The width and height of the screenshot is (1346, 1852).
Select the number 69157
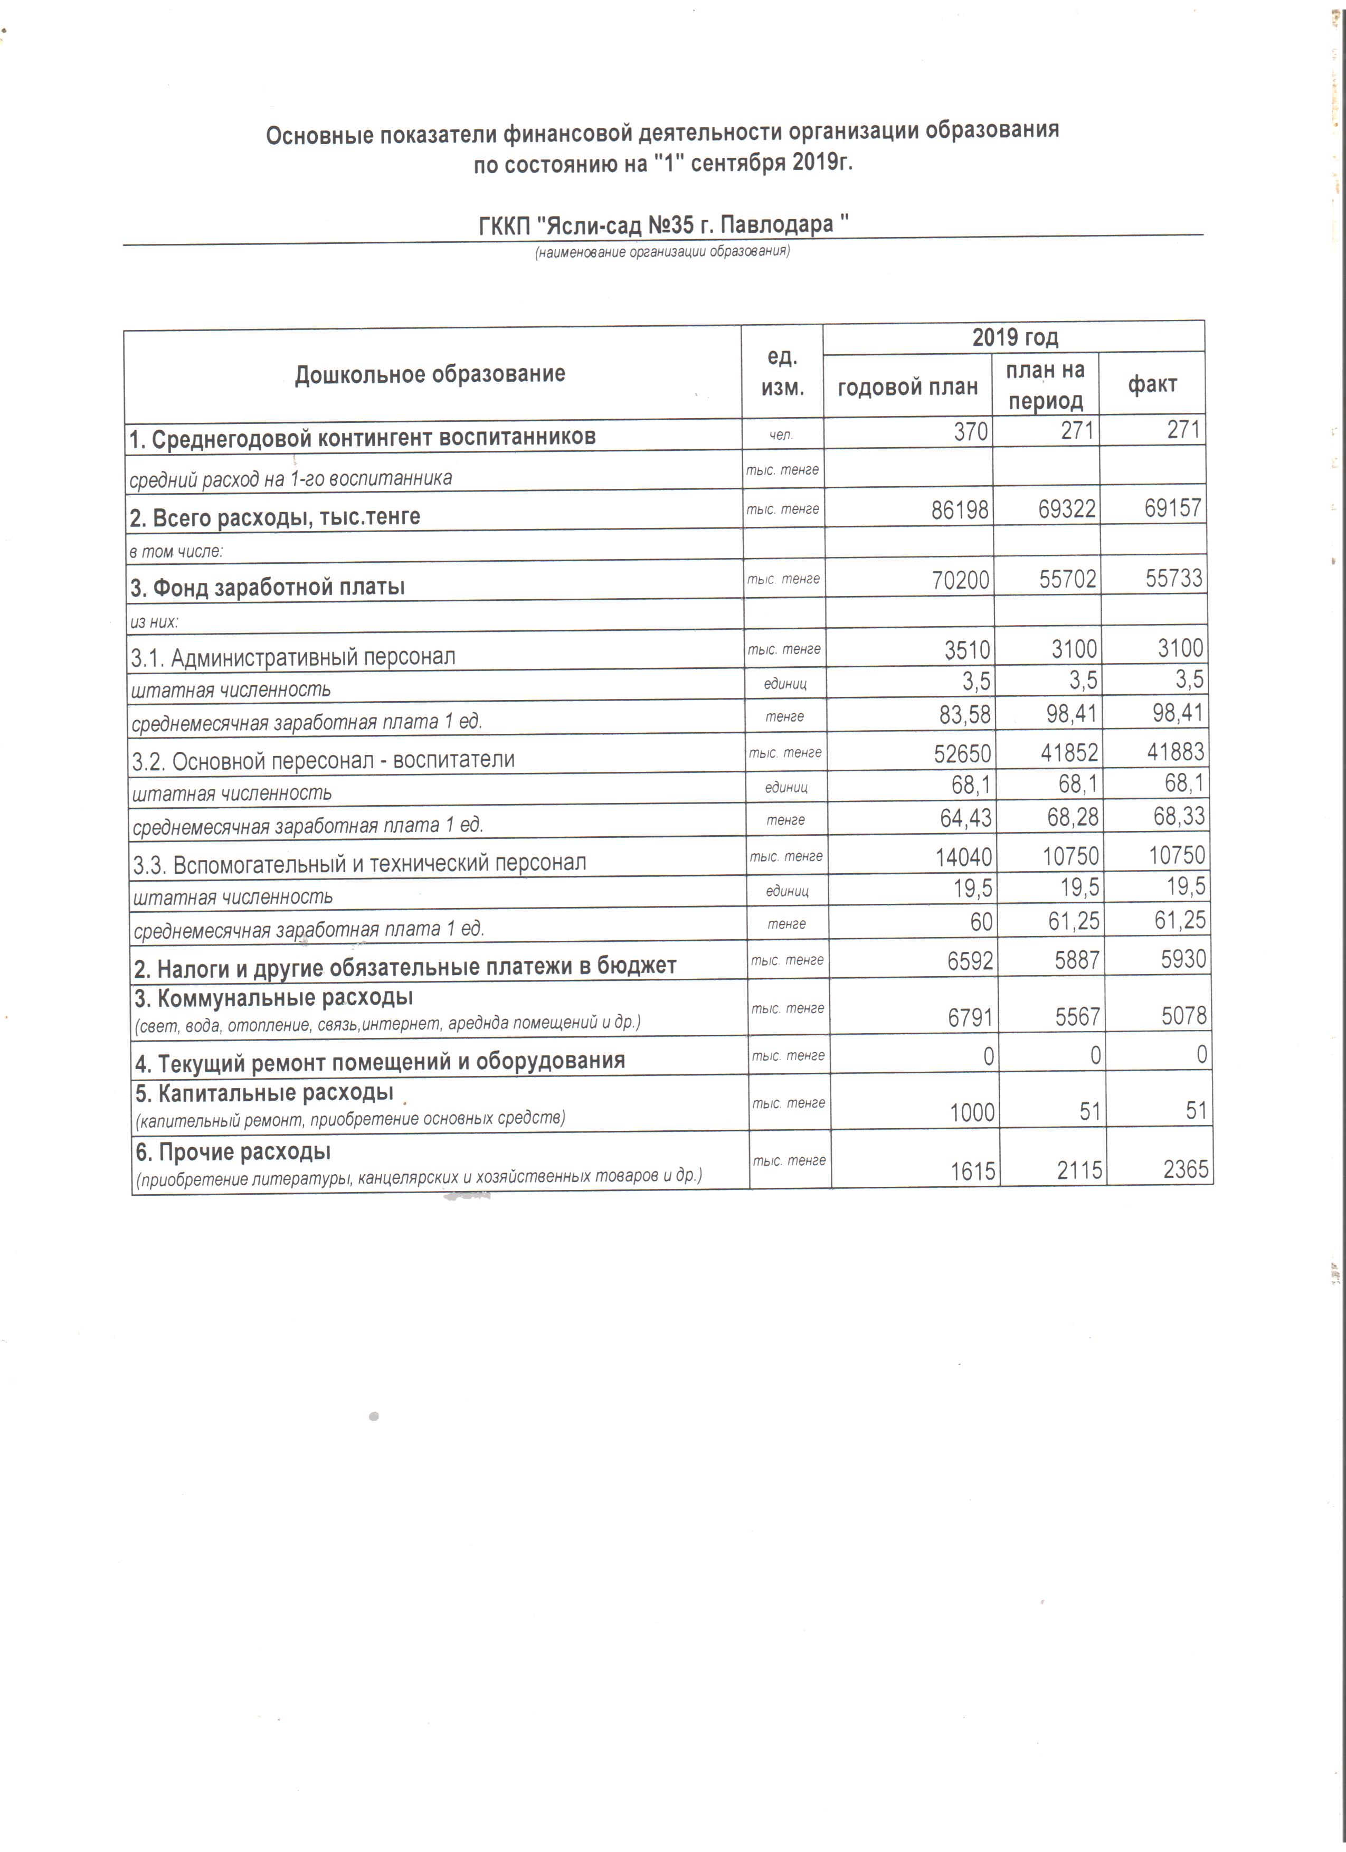click(x=1172, y=508)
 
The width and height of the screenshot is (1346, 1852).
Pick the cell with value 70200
click(x=960, y=580)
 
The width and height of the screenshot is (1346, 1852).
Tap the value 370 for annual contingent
click(x=971, y=431)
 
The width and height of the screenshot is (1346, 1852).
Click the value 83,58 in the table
click(x=965, y=715)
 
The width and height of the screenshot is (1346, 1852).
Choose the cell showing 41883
click(x=1176, y=751)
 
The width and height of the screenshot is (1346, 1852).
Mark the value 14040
click(x=963, y=857)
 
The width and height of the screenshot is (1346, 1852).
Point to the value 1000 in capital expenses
click(x=972, y=1113)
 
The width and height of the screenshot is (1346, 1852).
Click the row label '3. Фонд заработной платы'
click(x=268, y=587)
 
